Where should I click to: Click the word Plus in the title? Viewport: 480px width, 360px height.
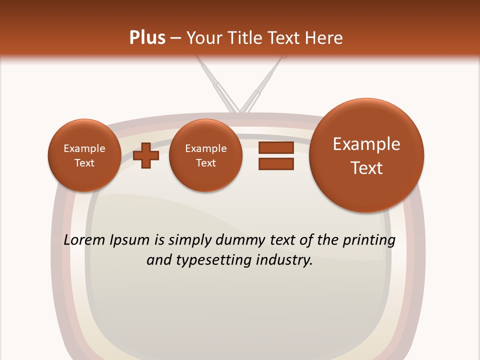click(x=147, y=38)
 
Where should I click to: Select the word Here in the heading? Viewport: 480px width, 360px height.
click(x=324, y=38)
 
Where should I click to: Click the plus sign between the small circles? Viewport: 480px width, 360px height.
click(x=146, y=155)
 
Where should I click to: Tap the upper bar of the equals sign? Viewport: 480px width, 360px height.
click(x=276, y=147)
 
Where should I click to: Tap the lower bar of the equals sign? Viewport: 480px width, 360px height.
click(x=276, y=164)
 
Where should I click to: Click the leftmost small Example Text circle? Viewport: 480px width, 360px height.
click(x=84, y=155)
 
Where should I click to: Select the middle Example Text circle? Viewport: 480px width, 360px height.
click(x=205, y=155)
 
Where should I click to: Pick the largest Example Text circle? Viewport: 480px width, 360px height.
click(x=366, y=155)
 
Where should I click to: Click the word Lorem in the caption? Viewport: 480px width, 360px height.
click(x=84, y=240)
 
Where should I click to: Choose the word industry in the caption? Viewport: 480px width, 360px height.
click(x=283, y=260)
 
